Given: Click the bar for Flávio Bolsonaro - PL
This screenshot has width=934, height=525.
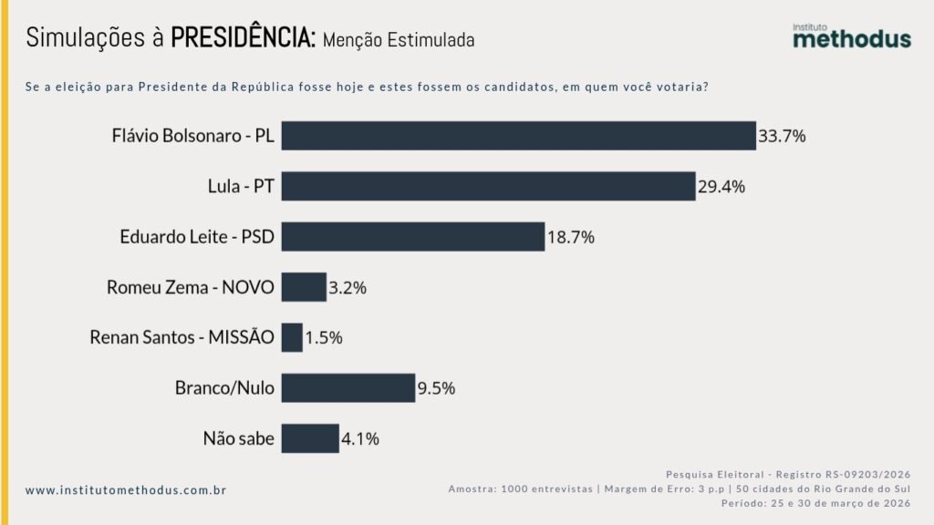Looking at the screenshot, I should point(518,136).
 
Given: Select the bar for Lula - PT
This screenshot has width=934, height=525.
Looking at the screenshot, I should point(488,186).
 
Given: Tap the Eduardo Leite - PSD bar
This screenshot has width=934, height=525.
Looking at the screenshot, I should point(412,237).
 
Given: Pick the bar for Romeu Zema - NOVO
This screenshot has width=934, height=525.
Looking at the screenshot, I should point(304,287).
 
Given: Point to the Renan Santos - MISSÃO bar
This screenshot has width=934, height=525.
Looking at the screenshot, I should point(292,337).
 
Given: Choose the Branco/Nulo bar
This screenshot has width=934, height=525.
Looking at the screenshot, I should point(348,387).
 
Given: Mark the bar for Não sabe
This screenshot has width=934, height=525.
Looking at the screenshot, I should point(310,438).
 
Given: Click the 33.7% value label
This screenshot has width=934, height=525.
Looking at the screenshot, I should point(782,137).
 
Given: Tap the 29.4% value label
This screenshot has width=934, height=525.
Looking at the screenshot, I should point(721,187).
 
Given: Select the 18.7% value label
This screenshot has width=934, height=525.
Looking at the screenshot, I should point(571,237).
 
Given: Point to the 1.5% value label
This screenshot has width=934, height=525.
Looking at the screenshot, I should point(324,338).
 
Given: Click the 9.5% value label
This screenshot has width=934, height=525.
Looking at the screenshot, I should point(436,388).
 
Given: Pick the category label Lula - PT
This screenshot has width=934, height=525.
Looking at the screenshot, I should point(241,187).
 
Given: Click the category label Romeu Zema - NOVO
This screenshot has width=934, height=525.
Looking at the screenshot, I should point(190,287).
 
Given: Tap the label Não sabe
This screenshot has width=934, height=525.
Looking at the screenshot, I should point(238,438).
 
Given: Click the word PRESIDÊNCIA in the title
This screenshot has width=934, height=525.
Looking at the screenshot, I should point(244,37).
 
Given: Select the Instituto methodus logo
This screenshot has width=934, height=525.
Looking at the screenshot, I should point(851,36).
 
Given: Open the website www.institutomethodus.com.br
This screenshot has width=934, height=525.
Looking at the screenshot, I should point(126,490).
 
